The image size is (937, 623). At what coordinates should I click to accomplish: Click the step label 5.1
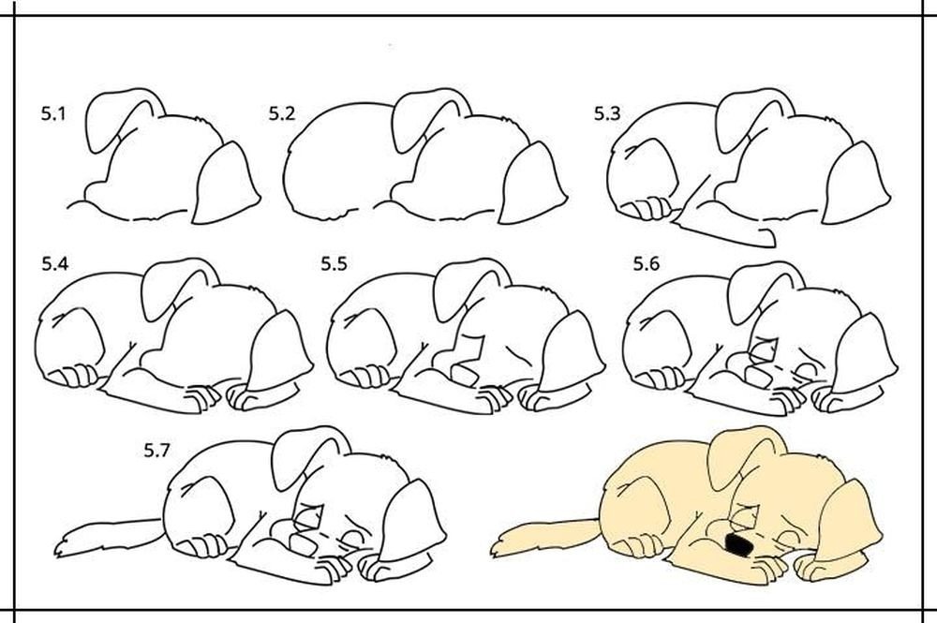click(53, 113)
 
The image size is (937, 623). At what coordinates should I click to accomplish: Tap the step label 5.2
click(281, 113)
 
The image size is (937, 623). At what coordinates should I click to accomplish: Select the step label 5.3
click(607, 113)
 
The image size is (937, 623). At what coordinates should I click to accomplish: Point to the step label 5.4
click(55, 263)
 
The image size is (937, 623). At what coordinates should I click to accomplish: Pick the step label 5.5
click(334, 263)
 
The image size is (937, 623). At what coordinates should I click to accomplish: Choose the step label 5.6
click(647, 263)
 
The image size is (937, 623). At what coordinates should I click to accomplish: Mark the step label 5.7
click(156, 451)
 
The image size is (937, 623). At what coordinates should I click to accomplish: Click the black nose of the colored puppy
click(738, 543)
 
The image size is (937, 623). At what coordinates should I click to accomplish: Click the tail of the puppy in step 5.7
click(108, 533)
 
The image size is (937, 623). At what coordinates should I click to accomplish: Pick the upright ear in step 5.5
click(468, 289)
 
